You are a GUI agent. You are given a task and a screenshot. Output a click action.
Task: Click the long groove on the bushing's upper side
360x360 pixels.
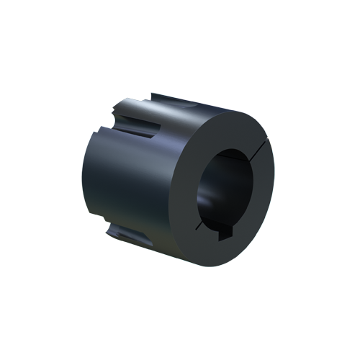144,122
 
